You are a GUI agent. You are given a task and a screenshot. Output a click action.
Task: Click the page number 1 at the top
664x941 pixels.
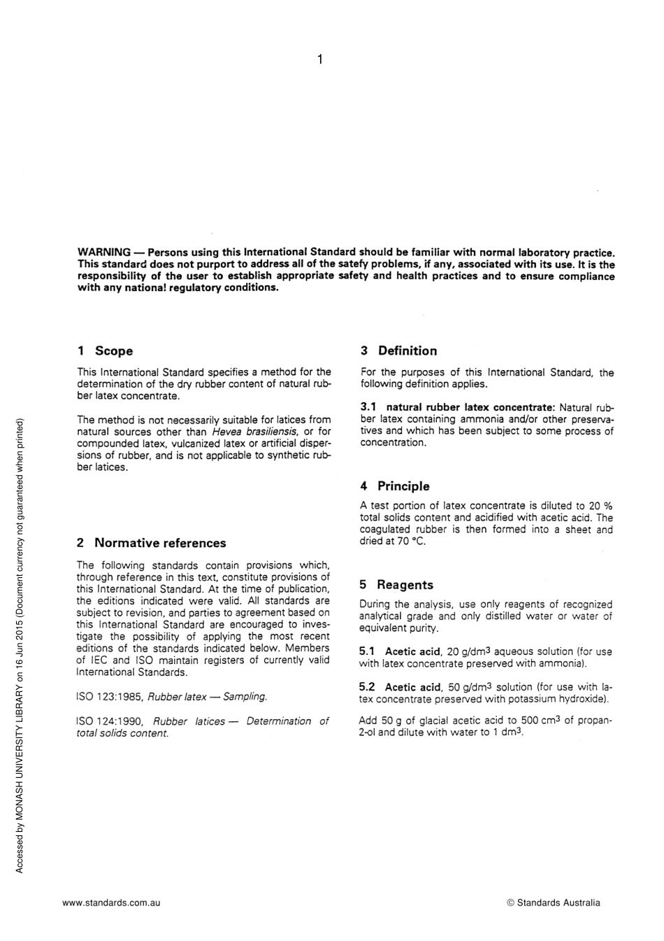pos(319,59)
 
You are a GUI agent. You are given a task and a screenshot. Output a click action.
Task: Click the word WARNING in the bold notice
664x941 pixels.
pos(103,252)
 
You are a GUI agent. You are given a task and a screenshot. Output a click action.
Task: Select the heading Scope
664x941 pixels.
pos(113,351)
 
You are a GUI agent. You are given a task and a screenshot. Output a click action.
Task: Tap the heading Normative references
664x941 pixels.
pos(160,543)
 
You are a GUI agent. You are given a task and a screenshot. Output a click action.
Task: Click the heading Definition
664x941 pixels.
pos(407,351)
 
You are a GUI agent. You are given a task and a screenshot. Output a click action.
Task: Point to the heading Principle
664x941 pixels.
pos(403,486)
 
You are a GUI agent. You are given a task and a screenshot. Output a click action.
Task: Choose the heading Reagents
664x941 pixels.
pos(405,585)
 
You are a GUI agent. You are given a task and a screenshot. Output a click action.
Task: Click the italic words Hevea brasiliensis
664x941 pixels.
pos(254,432)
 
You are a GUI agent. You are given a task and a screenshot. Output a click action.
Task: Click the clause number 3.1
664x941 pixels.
pos(368,407)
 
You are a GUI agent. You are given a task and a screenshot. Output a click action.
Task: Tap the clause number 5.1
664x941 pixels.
pos(367,651)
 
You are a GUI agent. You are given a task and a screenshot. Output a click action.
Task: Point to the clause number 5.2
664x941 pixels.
pos(367,687)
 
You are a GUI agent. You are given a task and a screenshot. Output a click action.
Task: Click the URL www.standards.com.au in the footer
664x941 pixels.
pos(111,903)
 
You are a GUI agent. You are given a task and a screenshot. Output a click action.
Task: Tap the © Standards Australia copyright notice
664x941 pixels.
pos(553,903)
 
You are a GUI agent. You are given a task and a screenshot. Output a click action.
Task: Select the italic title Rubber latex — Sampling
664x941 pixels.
pos(208,697)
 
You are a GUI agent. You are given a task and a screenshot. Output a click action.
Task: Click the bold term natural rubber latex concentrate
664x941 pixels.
pos(470,407)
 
